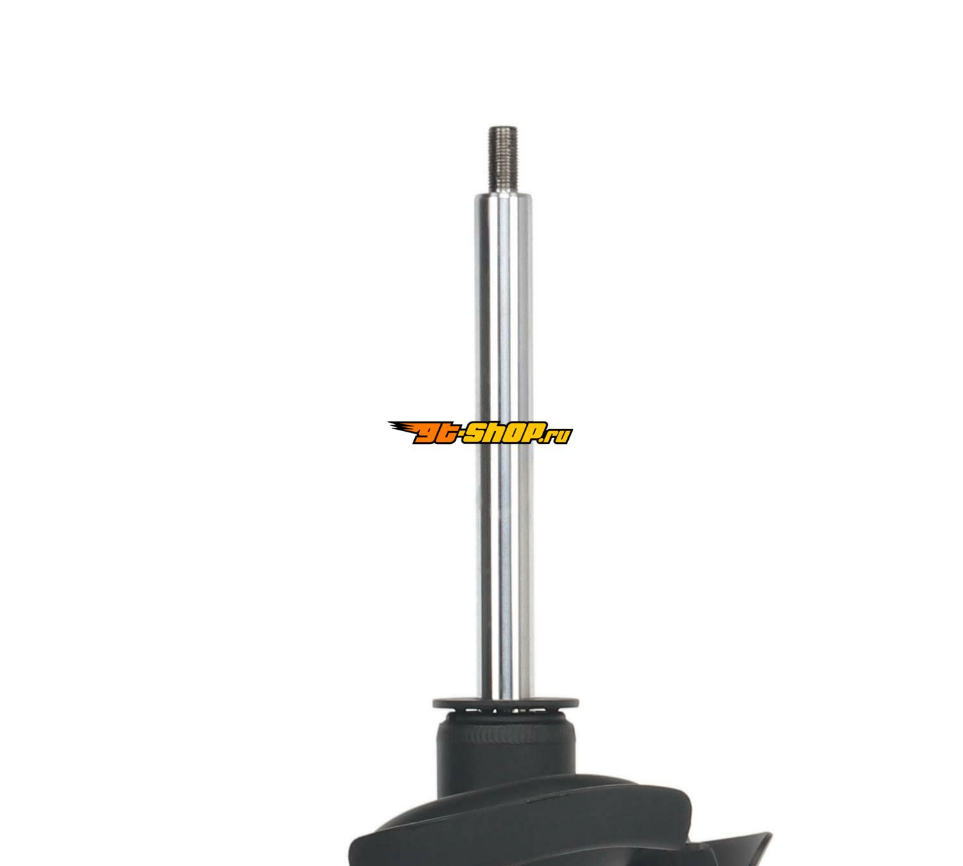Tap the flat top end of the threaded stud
point(503,127)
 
